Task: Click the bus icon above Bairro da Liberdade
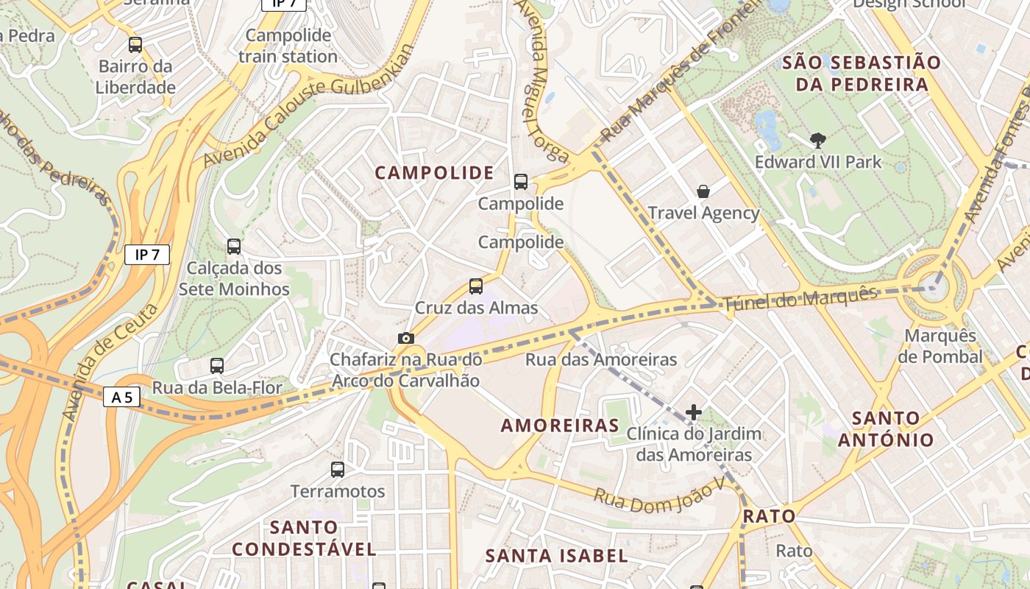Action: (135, 45)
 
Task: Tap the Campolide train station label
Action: (288, 46)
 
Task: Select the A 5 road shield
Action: (121, 398)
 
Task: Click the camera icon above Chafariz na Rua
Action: (405, 338)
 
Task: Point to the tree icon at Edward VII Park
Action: (817, 140)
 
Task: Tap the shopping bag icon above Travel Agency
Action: (703, 191)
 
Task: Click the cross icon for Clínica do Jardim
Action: (693, 412)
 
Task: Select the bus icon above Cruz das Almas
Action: (476, 286)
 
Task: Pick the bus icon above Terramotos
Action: (338, 469)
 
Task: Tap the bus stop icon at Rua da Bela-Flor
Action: (217, 365)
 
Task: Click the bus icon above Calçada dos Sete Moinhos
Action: (234, 247)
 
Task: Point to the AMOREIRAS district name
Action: (560, 426)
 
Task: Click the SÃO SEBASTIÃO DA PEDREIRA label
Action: (861, 73)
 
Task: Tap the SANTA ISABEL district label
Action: (557, 556)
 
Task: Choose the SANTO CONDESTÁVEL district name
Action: (304, 538)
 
